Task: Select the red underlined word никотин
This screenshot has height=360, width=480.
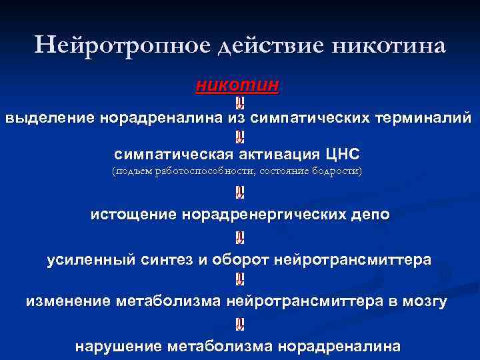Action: [x=237, y=85]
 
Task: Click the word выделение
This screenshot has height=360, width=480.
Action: [x=51, y=119]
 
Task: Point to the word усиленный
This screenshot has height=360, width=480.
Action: [x=87, y=259]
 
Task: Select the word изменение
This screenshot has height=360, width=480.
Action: [x=68, y=301]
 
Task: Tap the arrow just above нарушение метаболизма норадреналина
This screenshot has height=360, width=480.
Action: [x=240, y=325]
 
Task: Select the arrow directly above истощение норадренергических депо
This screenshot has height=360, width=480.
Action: [x=240, y=193]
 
